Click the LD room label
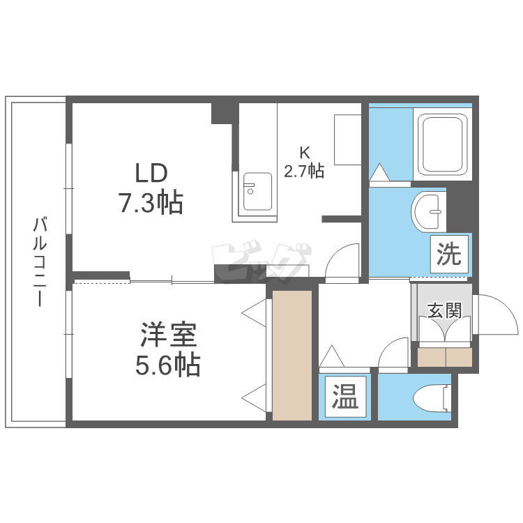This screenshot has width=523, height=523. click(x=151, y=173)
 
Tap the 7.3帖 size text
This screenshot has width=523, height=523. click(x=151, y=203)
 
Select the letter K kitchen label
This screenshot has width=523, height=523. click(x=305, y=153)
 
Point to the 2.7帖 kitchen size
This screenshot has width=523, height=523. click(x=304, y=170)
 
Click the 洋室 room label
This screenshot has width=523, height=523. click(x=169, y=335)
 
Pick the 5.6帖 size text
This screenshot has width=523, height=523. click(x=168, y=365)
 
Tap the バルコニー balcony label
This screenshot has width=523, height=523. click(x=40, y=261)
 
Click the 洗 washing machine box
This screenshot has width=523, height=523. click(x=449, y=254)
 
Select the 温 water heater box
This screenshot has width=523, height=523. click(x=345, y=397)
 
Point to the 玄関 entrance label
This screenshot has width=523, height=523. click(x=445, y=310)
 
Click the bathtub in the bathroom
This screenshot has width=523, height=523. click(x=442, y=144)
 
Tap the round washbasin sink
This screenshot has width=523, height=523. click(x=429, y=212)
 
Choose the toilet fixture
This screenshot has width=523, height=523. click(x=432, y=397)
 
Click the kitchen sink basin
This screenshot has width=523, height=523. click(x=257, y=192)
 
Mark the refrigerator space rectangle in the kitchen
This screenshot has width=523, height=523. click(x=347, y=139)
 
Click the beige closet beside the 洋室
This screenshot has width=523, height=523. click(x=292, y=355)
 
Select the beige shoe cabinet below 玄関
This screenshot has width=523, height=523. click(x=445, y=357)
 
